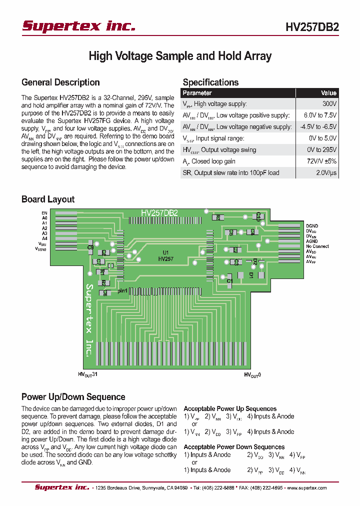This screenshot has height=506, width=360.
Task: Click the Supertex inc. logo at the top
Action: click(x=78, y=26)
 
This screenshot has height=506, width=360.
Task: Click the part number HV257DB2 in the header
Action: click(x=312, y=27)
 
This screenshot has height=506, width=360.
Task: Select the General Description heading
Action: click(x=60, y=82)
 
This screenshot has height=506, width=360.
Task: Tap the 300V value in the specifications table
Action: click(x=329, y=104)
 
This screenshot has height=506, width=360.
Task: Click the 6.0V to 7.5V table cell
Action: click(x=320, y=115)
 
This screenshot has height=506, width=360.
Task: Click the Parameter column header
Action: click(x=197, y=93)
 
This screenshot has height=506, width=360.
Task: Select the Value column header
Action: click(x=328, y=93)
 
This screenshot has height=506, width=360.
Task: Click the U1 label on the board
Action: click(x=165, y=252)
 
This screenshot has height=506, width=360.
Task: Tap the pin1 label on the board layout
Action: click(x=122, y=290)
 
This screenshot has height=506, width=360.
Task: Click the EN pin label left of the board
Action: click(x=44, y=213)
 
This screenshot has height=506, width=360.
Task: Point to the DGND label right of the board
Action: click(x=312, y=226)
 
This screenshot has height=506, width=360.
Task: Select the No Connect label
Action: click(x=317, y=246)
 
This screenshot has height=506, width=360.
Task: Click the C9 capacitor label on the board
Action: click(x=90, y=247)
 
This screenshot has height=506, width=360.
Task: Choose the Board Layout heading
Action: click(x=48, y=199)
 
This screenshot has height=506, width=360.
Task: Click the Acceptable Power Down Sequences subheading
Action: click(x=234, y=447)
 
